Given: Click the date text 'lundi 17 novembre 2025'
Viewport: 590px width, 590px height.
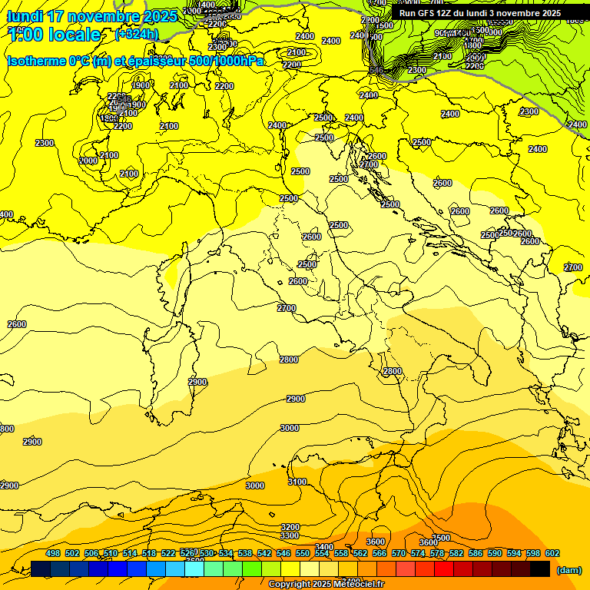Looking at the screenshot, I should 92,16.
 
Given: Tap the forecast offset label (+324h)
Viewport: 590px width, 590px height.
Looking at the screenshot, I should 136,34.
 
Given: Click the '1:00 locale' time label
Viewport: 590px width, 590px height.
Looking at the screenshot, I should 54,35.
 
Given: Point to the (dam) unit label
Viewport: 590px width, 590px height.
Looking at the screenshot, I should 568,569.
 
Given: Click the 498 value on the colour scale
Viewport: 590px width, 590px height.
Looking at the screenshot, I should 53,553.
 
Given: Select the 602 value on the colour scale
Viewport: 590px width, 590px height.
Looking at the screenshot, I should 552,553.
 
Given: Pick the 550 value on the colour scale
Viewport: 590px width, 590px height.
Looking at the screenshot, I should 303,553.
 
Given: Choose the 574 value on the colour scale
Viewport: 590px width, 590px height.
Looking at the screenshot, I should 418,553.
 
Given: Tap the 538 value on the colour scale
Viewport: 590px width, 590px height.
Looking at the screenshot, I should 245,553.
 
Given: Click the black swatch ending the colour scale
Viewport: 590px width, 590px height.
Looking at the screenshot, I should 540,568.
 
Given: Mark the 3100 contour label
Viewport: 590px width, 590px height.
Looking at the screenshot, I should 297,482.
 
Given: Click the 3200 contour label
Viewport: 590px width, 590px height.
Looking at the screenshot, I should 290,527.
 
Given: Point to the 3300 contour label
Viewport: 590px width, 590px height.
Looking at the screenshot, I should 290,535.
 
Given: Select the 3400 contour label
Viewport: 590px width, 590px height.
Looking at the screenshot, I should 324,547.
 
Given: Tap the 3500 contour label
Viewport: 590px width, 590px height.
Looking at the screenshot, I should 441,538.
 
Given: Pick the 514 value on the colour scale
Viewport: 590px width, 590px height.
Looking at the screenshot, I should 130,553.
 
